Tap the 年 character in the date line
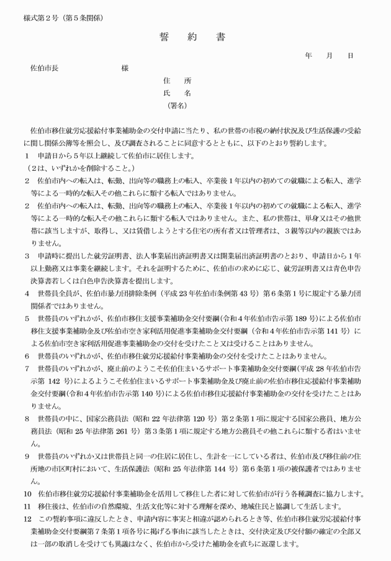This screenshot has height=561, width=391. point(308,55)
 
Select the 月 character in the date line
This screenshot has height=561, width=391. point(330,55)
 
